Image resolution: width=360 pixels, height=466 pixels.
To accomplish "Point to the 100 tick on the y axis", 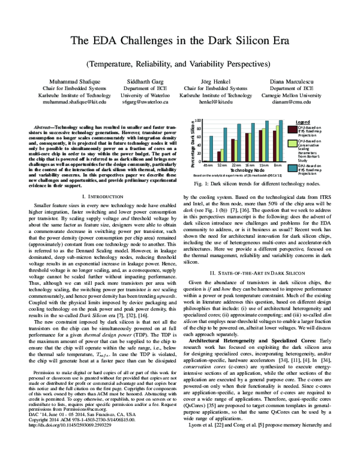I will (200, 121).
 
